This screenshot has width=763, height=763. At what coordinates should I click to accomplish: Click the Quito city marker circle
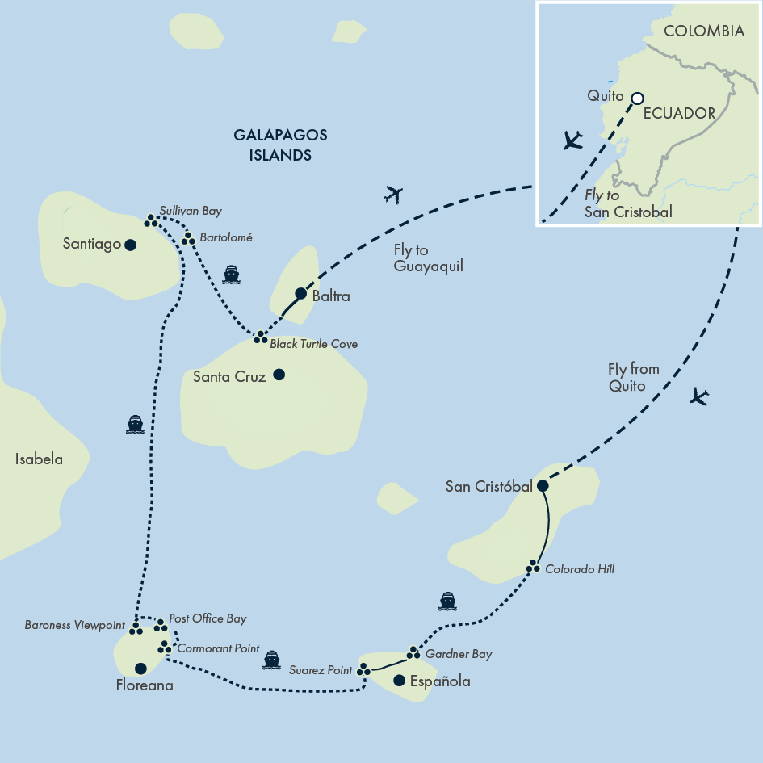[x=636, y=98]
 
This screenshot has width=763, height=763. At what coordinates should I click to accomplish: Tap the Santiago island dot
[x=129, y=244]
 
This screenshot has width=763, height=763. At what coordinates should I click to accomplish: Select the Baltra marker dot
[x=300, y=293]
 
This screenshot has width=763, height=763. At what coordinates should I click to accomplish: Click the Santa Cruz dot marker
[x=279, y=375]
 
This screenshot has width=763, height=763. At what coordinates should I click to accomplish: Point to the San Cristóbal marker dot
[x=543, y=486]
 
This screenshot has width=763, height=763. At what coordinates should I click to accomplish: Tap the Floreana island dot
[x=140, y=668]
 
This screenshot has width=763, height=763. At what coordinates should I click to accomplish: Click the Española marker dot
[x=398, y=681]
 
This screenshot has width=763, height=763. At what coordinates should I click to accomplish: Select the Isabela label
[x=39, y=459]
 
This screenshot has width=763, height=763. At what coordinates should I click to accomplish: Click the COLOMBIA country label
[x=703, y=31]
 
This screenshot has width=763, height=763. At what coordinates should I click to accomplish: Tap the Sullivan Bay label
[x=190, y=211]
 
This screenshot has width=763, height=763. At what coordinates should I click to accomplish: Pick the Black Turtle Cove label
[x=313, y=344]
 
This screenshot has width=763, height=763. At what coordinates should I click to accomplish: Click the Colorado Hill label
[x=580, y=569]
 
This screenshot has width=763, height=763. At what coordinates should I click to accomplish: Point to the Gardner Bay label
[x=458, y=654]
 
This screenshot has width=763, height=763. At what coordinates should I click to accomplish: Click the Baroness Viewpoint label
[x=74, y=625]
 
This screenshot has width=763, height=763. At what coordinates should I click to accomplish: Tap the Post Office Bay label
[x=208, y=618]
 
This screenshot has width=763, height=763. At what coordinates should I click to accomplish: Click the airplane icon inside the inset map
[x=572, y=140]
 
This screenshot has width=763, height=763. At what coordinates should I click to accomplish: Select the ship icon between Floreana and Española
[x=272, y=660]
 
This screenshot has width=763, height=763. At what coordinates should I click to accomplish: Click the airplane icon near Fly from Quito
[x=699, y=396]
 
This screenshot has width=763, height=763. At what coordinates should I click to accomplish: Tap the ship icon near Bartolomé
[x=232, y=275]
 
